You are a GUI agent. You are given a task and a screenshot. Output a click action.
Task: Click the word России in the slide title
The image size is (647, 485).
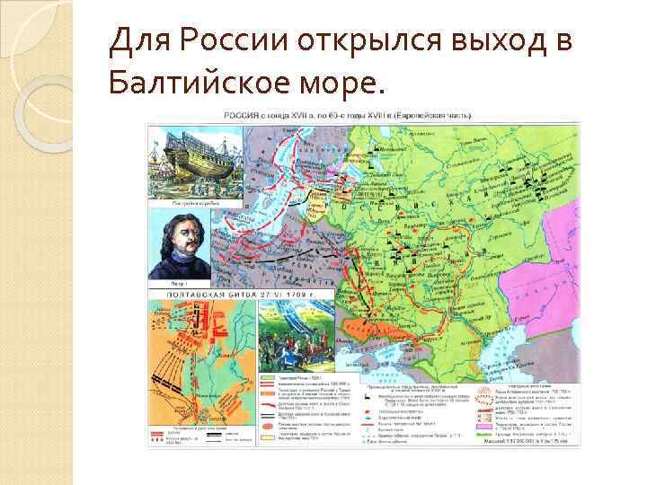(244, 41)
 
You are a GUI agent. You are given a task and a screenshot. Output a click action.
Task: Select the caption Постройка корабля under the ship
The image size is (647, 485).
(180, 204)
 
